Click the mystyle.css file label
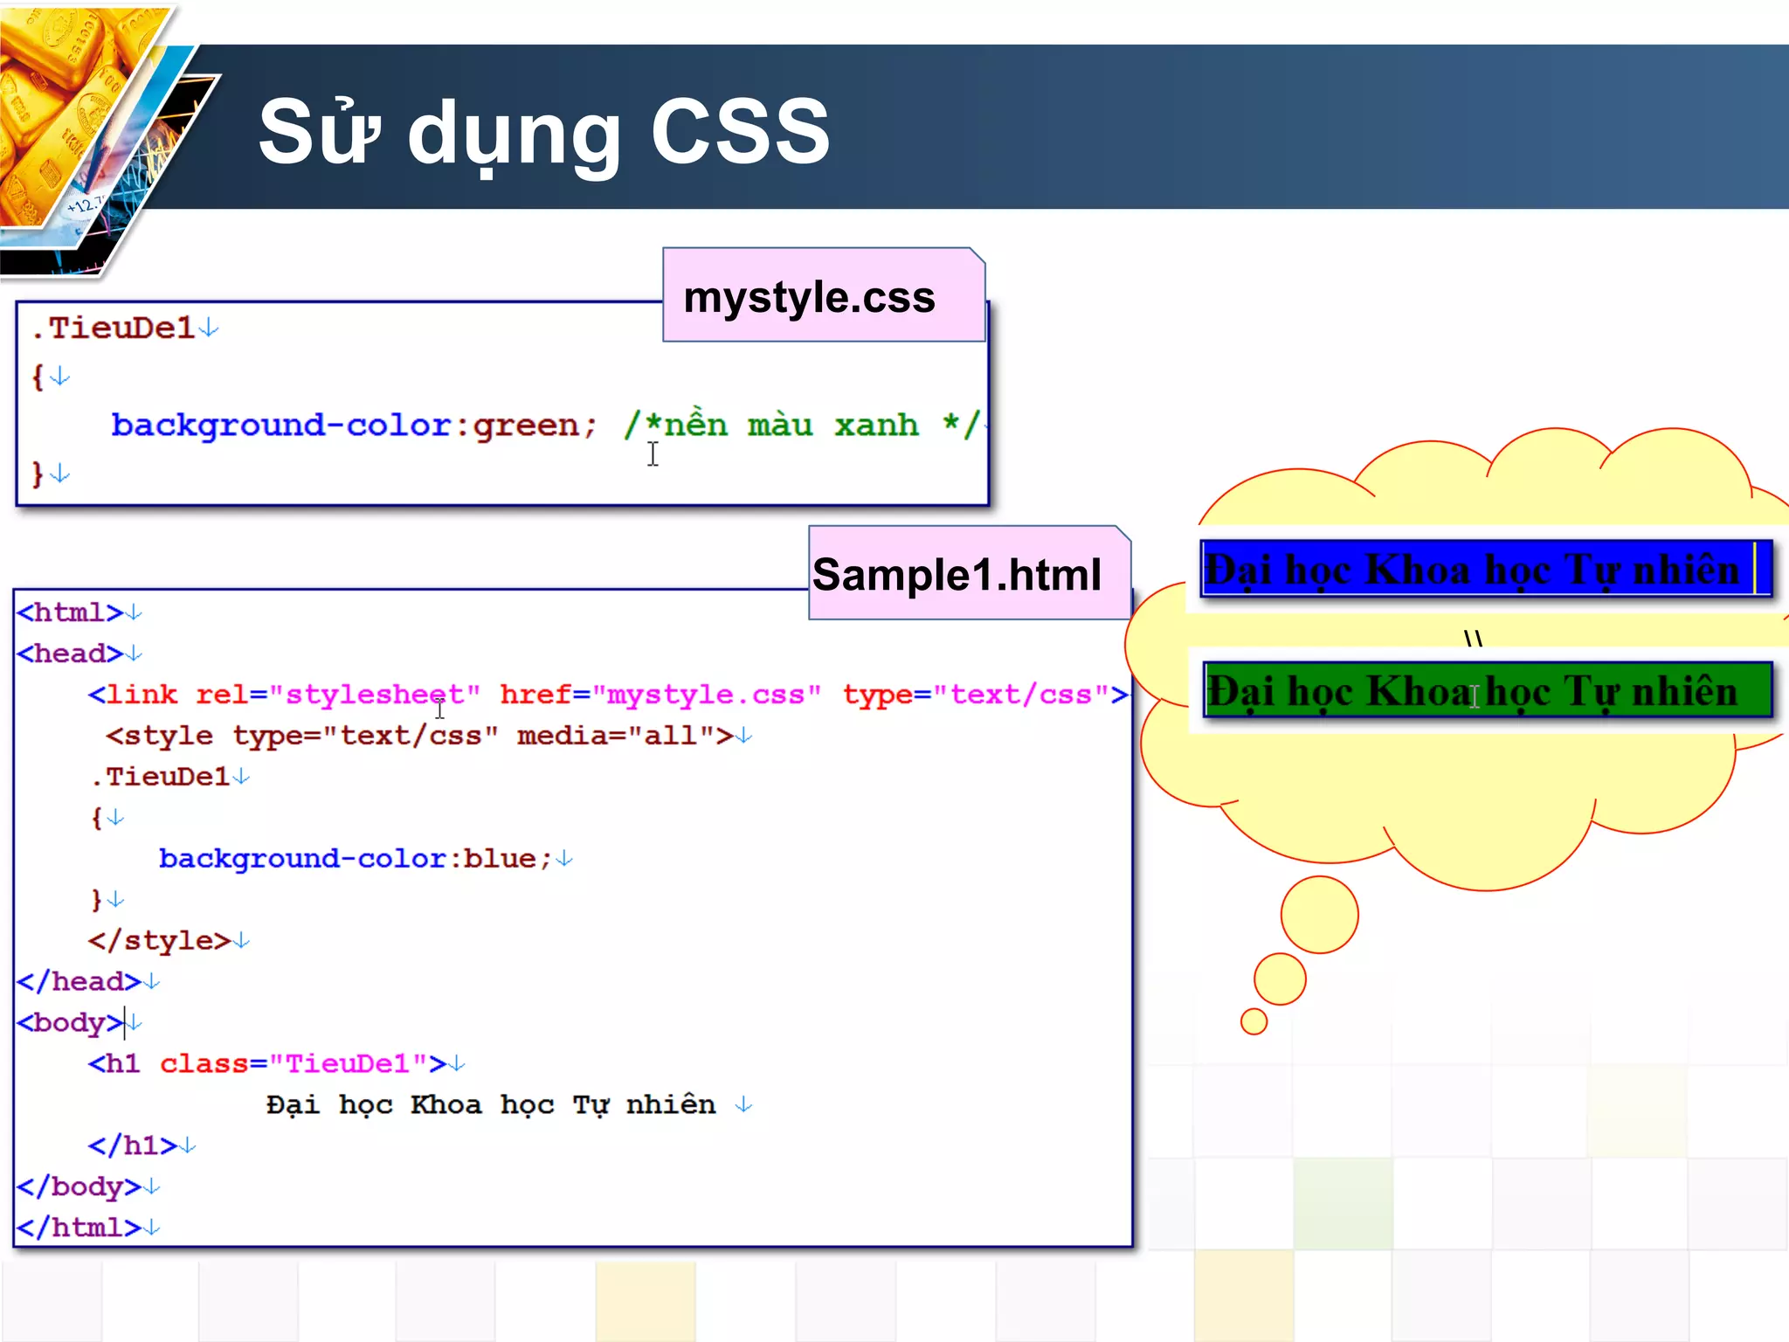coord(810,297)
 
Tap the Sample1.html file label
coord(957,575)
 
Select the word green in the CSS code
coord(526,425)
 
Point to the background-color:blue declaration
coord(355,859)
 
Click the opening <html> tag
coord(70,612)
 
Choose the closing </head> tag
coord(79,981)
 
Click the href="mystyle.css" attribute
coord(660,695)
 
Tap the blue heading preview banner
coord(1485,570)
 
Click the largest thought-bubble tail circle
coord(1319,915)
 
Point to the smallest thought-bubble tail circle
coord(1254,1020)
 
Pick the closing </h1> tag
coord(133,1145)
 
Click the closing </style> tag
coord(159,941)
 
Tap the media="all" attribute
coord(616,736)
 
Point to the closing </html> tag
coord(79,1228)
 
